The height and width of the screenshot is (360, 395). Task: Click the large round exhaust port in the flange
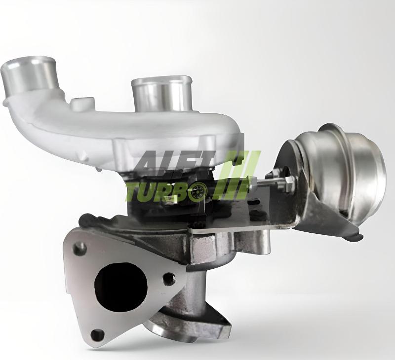pos(120,283)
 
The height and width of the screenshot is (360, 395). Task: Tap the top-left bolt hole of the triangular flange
pos(79,249)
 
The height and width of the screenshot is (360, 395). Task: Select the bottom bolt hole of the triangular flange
pos(98,334)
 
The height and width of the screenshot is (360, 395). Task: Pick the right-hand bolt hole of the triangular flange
pos(168,279)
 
